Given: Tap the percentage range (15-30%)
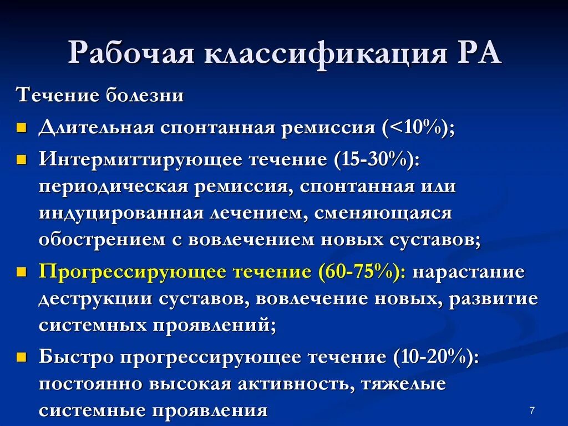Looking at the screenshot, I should [x=376, y=159].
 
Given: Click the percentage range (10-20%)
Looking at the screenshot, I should [x=435, y=357].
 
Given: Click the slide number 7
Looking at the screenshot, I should [x=532, y=410].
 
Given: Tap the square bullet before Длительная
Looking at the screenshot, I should [x=22, y=129].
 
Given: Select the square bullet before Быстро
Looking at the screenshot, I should [x=22, y=357].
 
